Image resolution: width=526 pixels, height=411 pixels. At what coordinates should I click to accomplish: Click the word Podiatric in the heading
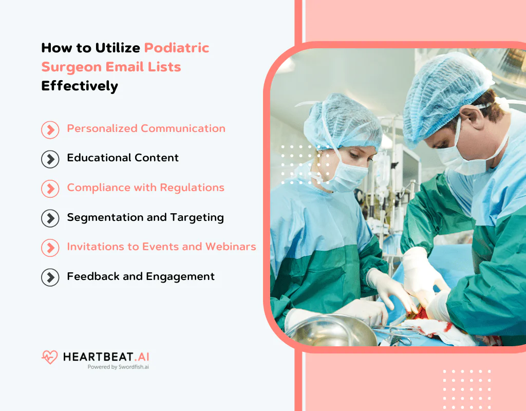176,48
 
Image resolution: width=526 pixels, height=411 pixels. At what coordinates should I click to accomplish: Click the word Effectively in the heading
80,86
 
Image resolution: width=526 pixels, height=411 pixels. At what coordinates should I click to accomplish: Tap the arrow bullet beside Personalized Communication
50,129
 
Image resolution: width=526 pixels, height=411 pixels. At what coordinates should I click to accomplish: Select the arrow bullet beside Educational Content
50,159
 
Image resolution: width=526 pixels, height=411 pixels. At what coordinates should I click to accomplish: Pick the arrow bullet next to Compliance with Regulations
50,189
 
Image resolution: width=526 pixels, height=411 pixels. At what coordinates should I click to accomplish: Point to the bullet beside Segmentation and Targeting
50,218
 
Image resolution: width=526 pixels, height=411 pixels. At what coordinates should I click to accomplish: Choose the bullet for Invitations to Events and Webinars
50,248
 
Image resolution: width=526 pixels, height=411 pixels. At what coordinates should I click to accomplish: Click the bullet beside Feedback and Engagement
50,277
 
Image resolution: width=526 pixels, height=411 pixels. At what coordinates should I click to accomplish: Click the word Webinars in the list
231,247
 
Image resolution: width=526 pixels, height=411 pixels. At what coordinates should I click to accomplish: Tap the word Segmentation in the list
97,217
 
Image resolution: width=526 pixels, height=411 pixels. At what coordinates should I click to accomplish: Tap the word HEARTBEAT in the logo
95,357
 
